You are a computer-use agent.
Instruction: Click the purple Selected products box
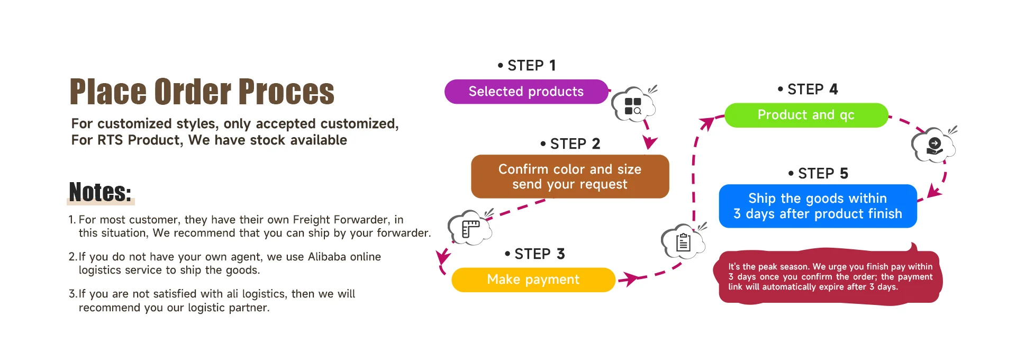(x=526, y=92)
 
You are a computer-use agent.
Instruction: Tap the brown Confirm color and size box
(x=569, y=176)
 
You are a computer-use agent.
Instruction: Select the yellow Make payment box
(x=533, y=280)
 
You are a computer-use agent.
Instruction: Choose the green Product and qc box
(x=805, y=115)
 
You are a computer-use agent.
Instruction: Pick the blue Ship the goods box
(x=817, y=206)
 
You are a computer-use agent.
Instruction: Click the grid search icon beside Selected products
(x=633, y=106)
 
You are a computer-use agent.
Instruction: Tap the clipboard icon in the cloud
(x=683, y=242)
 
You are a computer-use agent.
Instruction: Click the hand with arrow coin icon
(x=935, y=146)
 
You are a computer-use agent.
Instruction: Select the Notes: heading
(x=100, y=192)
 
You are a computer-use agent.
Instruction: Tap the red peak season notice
(x=829, y=277)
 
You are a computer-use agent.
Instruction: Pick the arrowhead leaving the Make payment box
(x=628, y=278)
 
